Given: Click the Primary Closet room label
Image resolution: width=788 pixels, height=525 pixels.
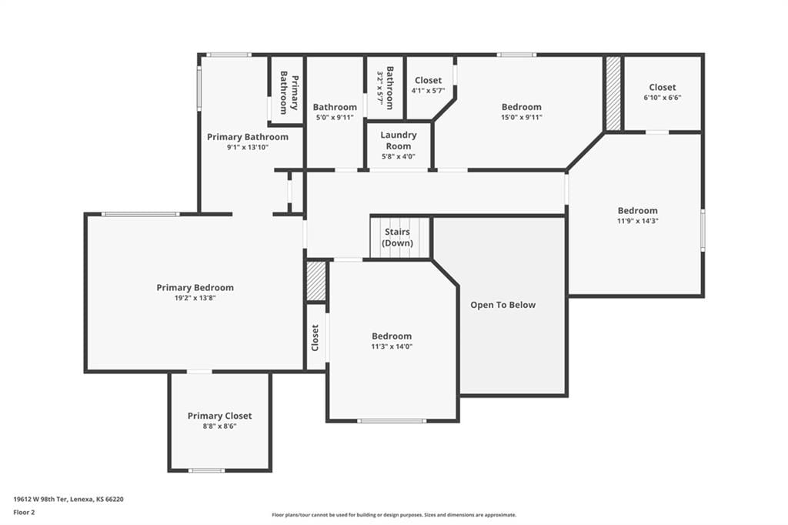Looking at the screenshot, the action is coord(219,416).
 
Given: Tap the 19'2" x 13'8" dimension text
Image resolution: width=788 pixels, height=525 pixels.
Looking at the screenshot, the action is coord(195,298).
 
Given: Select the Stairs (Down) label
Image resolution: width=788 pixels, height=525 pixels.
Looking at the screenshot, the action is coord(397,237).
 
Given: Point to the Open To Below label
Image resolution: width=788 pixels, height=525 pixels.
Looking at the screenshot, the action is coord(503,305).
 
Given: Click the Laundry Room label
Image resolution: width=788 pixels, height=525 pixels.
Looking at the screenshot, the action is coord(399,140).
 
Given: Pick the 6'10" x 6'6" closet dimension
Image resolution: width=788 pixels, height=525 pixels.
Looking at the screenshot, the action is coord(663,98).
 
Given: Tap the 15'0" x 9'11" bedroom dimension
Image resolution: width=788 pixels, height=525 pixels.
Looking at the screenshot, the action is coord(522,117).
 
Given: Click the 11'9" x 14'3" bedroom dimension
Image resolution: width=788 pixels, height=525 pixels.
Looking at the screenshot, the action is coord(638,221).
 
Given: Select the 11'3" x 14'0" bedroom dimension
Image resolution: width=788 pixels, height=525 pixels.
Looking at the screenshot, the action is coord(392,346).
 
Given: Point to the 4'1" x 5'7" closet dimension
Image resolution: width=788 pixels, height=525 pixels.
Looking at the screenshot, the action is coord(428,91).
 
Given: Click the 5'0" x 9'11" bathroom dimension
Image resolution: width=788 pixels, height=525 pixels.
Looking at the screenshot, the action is coord(335,117).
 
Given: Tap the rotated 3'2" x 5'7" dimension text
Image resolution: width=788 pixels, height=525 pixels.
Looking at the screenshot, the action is coord(380,89).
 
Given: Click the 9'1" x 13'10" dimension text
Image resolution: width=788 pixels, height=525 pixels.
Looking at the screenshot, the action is coord(248,147).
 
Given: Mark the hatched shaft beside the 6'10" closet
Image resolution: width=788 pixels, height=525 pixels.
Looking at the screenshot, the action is coord(613,94).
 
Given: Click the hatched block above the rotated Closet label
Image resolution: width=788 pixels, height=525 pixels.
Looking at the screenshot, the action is coord(316,281).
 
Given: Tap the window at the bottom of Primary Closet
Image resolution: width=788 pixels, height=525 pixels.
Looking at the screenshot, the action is coord(206,470).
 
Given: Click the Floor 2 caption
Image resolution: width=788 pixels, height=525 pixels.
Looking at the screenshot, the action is coord(24,513).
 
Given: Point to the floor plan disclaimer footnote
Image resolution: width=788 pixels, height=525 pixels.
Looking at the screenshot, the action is coord(394,515).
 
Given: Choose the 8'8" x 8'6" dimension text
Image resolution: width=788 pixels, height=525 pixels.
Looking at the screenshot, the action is coord(219,426).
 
